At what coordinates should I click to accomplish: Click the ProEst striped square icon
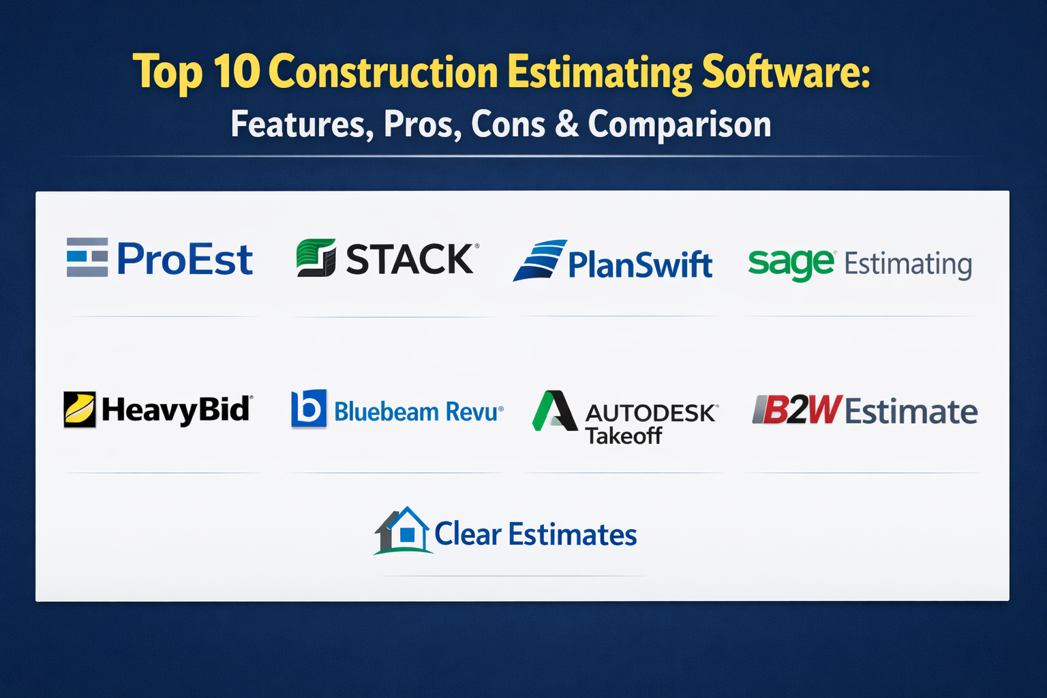coord(87,257)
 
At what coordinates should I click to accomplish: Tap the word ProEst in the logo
coord(185,258)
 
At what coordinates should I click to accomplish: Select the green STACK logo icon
coord(316,258)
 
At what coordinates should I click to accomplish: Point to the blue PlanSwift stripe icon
coord(541,260)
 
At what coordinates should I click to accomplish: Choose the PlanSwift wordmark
coord(640,264)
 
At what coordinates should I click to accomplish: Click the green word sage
coord(791,265)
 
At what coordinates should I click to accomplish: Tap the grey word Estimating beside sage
coord(908,265)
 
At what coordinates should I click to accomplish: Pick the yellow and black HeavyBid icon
coord(80,410)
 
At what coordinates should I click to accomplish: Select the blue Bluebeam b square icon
coord(309,408)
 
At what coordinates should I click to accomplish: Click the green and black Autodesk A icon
coord(555,410)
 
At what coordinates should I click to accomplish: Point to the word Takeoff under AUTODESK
coord(624,436)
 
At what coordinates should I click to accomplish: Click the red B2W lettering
coord(798,410)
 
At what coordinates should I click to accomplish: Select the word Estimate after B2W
coord(911,411)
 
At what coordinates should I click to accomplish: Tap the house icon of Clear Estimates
coord(403,530)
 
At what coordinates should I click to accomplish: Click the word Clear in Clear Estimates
coord(468,534)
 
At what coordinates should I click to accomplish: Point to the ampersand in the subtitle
coord(567,124)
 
